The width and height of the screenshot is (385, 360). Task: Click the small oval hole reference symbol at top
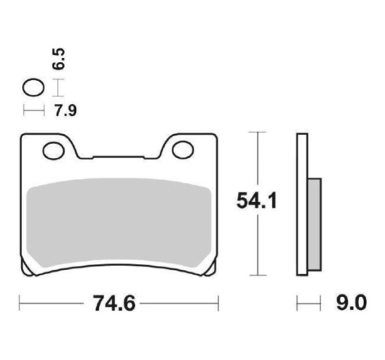(33, 86)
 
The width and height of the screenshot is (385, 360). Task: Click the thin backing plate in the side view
(302, 205)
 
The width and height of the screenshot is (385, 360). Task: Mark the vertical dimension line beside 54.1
(260, 164)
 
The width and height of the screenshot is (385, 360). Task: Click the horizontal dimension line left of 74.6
(49, 305)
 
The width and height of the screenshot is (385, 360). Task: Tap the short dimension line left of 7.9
(34, 109)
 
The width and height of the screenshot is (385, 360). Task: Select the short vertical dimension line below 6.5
(57, 86)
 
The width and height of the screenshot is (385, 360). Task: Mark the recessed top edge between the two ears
(119, 155)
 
